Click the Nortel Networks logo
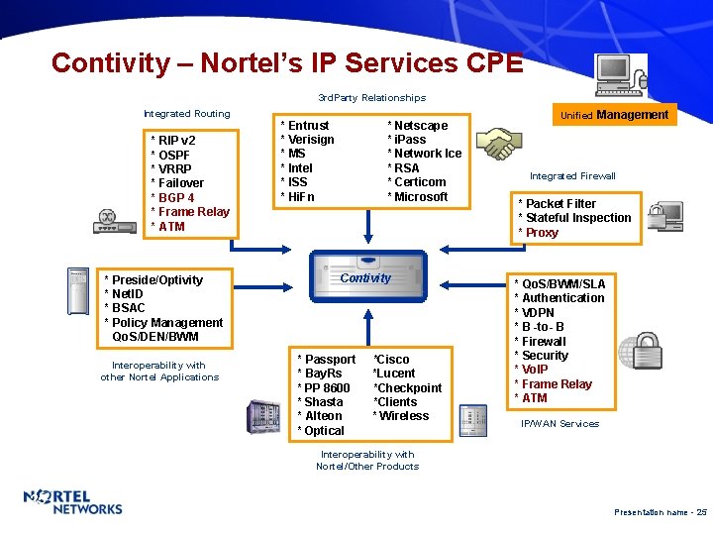(x=73, y=502)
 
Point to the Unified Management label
(x=615, y=115)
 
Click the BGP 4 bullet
(x=174, y=197)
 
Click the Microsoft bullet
(x=420, y=196)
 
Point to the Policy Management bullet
(x=167, y=322)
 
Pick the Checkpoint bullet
(x=408, y=387)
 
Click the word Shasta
(x=324, y=401)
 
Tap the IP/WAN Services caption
(x=560, y=423)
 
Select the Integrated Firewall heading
(x=572, y=175)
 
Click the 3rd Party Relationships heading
(x=371, y=98)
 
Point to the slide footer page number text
(x=661, y=512)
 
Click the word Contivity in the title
(x=111, y=62)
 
